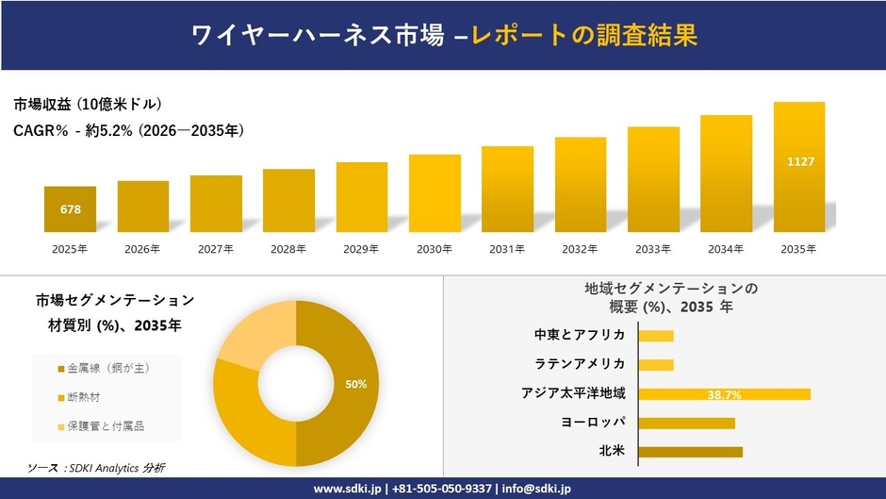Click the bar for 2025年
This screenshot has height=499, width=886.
tap(70, 209)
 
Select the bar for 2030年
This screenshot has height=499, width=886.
tap(435, 193)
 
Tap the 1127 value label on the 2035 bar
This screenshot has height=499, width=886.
tap(800, 162)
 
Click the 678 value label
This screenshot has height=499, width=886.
tap(70, 208)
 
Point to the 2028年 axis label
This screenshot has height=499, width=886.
tap(288, 249)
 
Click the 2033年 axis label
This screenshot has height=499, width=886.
tap(653, 249)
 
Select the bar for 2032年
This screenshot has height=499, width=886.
tap(581, 185)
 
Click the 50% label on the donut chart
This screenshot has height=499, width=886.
tap(356, 384)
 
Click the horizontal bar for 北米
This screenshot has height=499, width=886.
tap(690, 452)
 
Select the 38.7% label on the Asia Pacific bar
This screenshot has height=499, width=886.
tap(724, 394)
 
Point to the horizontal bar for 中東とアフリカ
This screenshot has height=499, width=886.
tap(656, 336)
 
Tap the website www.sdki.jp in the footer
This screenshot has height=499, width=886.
tap(346, 489)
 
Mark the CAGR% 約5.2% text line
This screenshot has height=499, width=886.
tap(129, 131)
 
